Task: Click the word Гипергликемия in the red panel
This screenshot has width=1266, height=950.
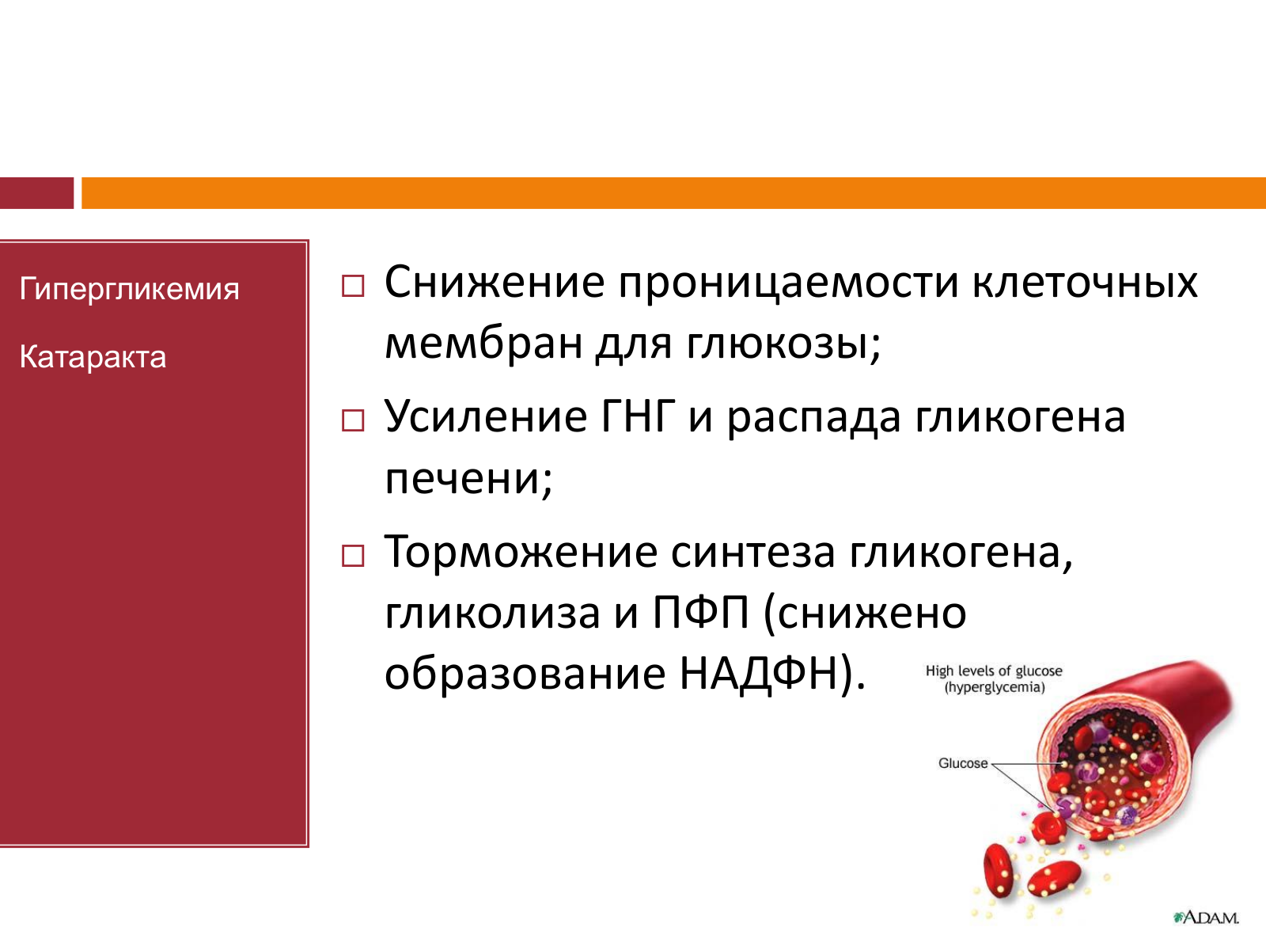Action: pyautogui.click(x=129, y=289)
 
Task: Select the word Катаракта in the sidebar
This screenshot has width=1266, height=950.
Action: pyautogui.click(x=93, y=356)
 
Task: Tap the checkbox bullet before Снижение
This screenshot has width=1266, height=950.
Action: pyautogui.click(x=353, y=286)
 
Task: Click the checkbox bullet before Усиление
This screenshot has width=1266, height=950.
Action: pyautogui.click(x=353, y=420)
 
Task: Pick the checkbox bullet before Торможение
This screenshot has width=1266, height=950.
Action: pyautogui.click(x=353, y=556)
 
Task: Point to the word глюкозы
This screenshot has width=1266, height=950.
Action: pyautogui.click(x=783, y=344)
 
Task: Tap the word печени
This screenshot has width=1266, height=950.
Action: pyautogui.click(x=468, y=479)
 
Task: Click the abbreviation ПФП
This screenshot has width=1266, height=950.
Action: pyautogui.click(x=701, y=612)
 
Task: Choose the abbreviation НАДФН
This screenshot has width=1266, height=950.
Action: pyautogui.click(x=759, y=674)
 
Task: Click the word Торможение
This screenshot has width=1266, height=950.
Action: pyautogui.click(x=521, y=553)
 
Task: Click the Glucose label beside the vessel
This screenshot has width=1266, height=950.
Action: pyautogui.click(x=963, y=763)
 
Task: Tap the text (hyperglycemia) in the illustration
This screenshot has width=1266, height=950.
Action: pyautogui.click(x=995, y=687)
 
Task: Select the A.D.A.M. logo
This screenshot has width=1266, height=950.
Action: pyautogui.click(x=1206, y=918)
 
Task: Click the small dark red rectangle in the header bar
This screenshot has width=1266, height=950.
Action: pyautogui.click(x=37, y=192)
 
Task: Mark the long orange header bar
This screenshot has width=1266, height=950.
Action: pyautogui.click(x=673, y=192)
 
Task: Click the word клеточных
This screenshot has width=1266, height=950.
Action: pyautogui.click(x=1085, y=283)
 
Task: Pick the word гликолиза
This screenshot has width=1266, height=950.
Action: pyautogui.click(x=492, y=613)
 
